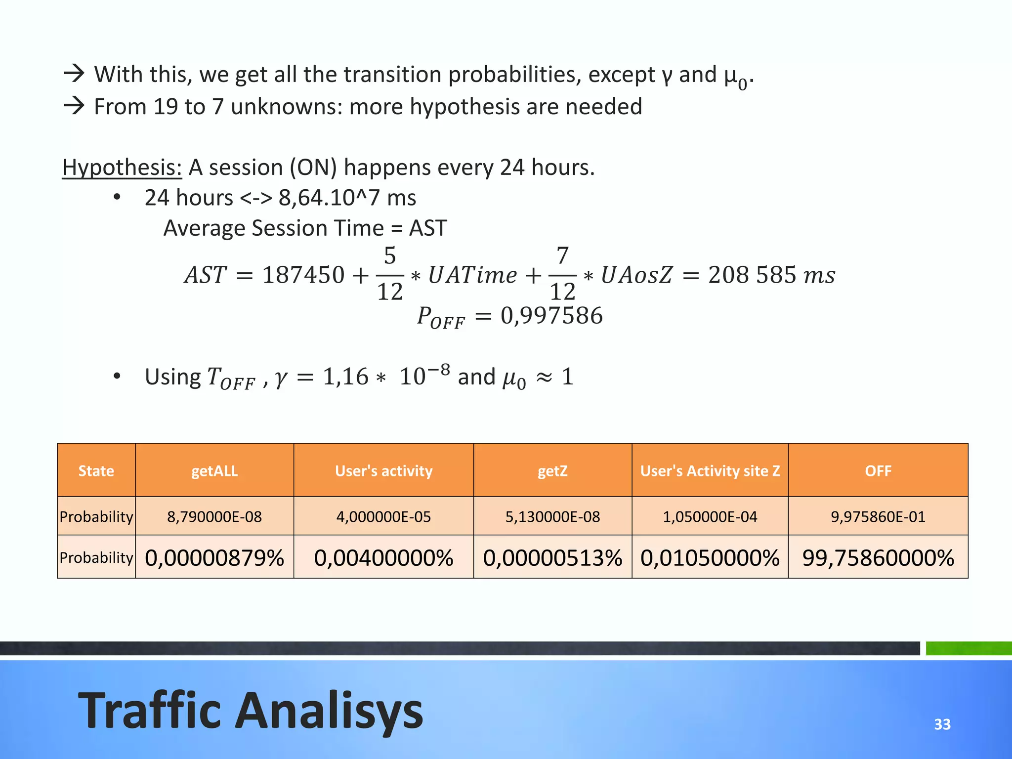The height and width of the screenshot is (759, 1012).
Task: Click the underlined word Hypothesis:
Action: [122, 168]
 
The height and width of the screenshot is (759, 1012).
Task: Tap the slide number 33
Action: [942, 724]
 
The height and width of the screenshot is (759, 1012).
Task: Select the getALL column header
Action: [214, 470]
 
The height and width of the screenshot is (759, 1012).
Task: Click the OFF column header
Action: [878, 470]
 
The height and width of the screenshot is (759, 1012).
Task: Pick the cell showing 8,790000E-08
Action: [214, 516]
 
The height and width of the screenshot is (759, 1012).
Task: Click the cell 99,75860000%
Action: [878, 558]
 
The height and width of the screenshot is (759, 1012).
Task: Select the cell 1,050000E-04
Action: [710, 516]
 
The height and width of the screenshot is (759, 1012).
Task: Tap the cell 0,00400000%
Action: [383, 558]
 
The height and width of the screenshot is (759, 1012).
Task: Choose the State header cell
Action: [96, 470]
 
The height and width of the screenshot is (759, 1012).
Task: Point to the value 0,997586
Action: [551, 316]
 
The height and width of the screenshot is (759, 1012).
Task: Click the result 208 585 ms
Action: [771, 275]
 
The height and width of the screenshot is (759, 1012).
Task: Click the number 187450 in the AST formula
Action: [303, 275]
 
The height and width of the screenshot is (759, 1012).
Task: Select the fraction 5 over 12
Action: [390, 274]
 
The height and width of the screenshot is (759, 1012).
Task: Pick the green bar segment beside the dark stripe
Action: [968, 648]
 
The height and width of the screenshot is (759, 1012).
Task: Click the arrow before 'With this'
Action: [74, 74]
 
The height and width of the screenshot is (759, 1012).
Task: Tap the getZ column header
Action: [552, 470]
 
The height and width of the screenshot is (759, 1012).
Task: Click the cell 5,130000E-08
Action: [552, 516]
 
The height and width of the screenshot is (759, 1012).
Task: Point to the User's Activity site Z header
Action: [710, 470]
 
